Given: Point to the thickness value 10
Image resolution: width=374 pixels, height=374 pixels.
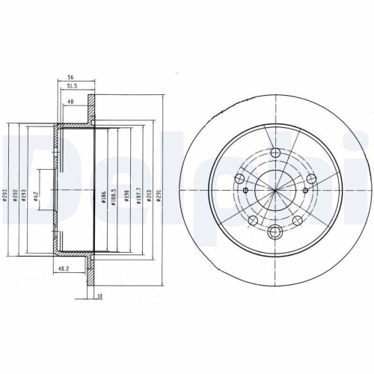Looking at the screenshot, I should click(x=99, y=295).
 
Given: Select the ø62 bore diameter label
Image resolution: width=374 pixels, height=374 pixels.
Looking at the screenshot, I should click(x=46, y=200).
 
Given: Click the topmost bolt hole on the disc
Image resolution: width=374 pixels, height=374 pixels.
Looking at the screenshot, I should click(x=275, y=153).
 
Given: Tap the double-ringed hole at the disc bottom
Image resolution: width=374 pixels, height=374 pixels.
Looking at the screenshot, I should click(x=275, y=232).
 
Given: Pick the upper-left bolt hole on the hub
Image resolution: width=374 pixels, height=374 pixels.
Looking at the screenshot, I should click(x=240, y=179).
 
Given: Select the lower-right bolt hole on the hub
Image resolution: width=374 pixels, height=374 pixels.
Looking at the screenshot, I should click(x=297, y=219).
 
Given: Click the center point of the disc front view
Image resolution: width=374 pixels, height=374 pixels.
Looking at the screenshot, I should click(x=275, y=192).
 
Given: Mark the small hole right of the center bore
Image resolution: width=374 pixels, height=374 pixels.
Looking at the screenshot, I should click(x=310, y=180).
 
